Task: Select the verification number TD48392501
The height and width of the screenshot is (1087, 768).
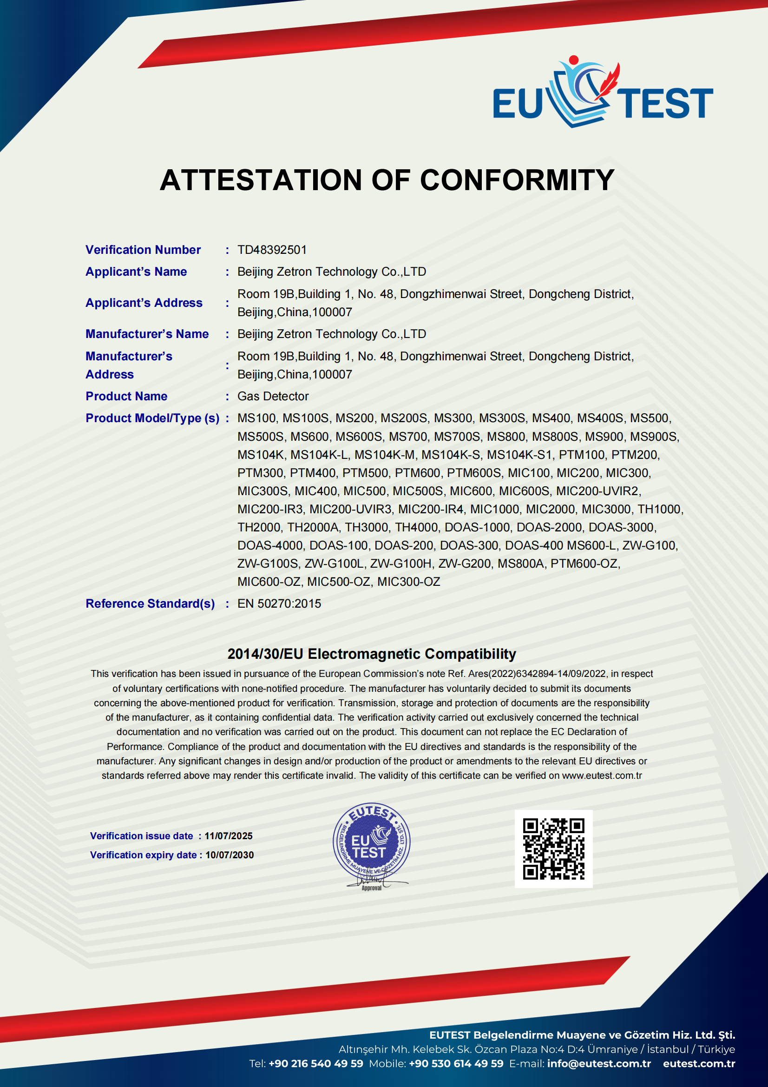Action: coord(272,250)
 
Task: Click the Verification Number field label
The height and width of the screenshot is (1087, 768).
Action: coord(143,250)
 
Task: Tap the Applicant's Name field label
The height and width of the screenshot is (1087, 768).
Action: coord(136,272)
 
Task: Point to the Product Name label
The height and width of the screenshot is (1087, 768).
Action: coord(126,396)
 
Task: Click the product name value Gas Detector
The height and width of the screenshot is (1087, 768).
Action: coord(273,396)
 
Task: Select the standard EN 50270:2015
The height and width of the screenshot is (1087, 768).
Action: coord(279,603)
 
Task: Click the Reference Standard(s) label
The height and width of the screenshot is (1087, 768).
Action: coord(150,603)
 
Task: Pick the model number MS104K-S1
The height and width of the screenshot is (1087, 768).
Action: coord(519,455)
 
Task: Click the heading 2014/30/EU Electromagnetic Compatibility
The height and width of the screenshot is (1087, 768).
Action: coord(372,654)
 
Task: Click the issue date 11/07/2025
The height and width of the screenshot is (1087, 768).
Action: coord(229,836)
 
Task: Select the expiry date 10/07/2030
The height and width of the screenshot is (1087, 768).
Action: coord(230,855)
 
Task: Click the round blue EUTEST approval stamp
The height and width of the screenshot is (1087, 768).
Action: coord(372,842)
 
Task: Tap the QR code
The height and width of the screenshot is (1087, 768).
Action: coord(553,849)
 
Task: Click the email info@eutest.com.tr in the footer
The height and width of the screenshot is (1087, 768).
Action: coord(599,1063)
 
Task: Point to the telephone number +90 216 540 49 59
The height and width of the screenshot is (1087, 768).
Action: coord(315,1063)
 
